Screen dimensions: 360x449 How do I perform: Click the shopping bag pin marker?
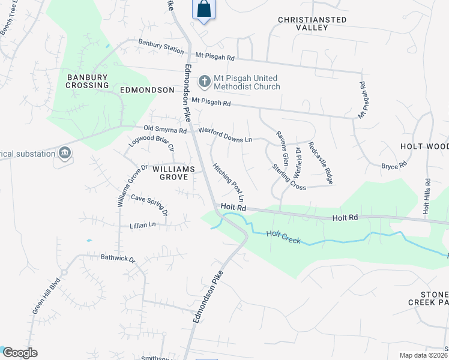point(203,10)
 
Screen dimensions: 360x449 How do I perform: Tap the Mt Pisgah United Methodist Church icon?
point(205,81)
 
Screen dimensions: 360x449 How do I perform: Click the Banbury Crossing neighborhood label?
point(88,81)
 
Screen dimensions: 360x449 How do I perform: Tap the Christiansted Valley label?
point(312,24)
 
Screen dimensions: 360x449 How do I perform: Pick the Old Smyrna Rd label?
point(166,129)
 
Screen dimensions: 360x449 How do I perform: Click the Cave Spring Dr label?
point(149,203)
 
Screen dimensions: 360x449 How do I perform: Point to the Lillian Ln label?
point(142,224)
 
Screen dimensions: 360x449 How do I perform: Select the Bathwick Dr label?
point(118,259)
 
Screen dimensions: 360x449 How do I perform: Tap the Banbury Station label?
point(161,46)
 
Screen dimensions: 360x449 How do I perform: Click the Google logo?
point(19,353)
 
